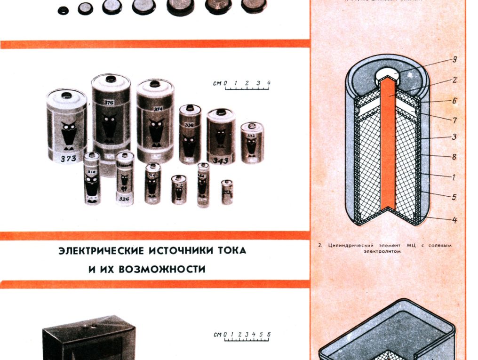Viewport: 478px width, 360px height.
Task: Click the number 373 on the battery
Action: (69, 159)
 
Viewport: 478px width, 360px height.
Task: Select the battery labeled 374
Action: (156, 120)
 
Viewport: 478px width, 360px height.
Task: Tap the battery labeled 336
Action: (190, 134)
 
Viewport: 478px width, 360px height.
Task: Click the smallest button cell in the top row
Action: (62, 9)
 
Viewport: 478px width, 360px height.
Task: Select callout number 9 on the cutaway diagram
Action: (454, 60)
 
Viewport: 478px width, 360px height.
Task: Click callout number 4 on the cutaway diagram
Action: (454, 220)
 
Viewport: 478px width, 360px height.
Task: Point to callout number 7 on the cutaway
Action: (454, 120)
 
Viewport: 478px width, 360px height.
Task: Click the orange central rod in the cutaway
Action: (388, 141)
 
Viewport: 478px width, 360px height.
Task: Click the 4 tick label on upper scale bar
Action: (268, 84)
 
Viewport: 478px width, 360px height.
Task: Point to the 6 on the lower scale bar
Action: (269, 335)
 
